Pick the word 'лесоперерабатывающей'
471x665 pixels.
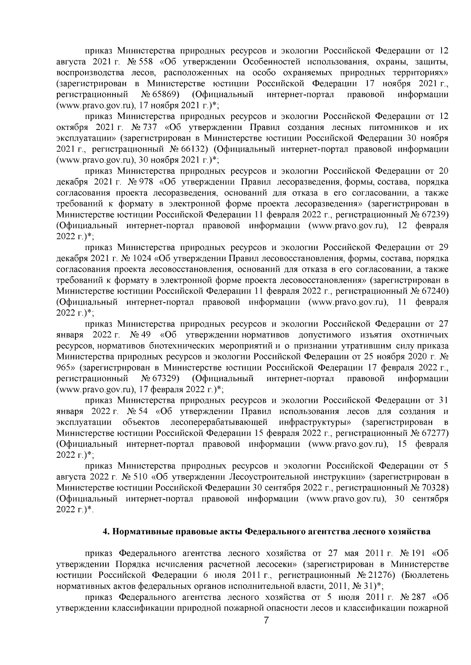click(219, 422)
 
